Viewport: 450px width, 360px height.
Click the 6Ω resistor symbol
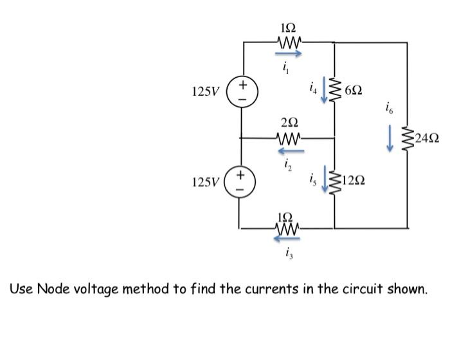point(334,91)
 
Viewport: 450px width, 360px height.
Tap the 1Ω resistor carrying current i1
point(287,42)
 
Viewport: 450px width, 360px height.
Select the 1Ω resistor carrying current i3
point(287,227)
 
